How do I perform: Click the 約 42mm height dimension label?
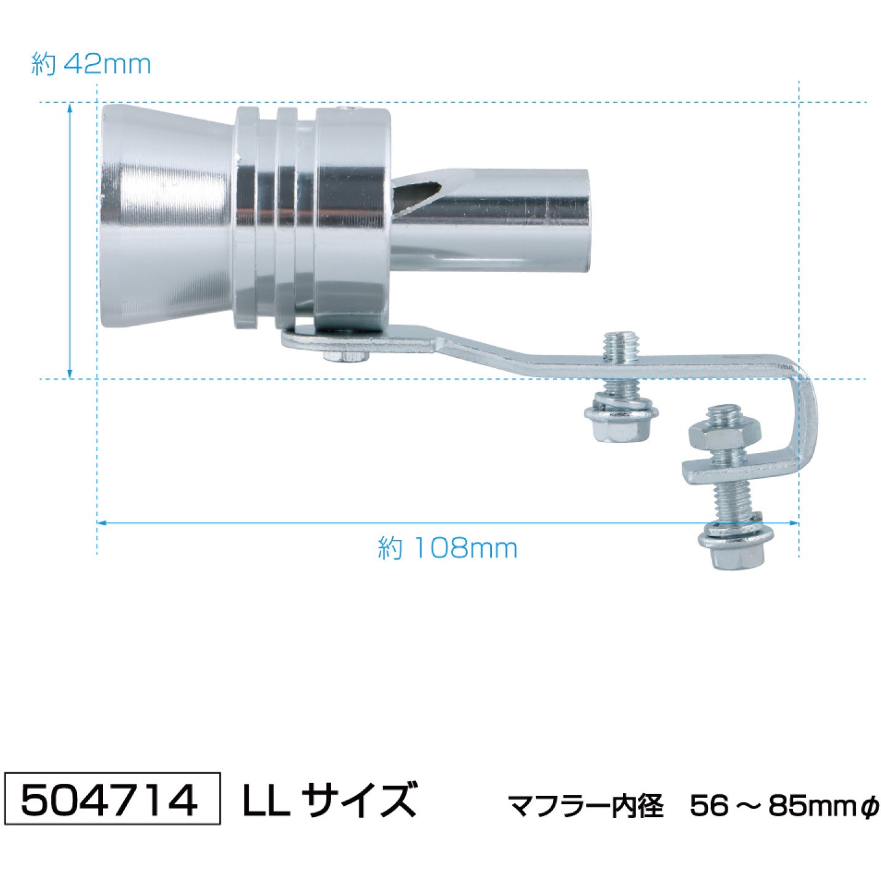point(91,65)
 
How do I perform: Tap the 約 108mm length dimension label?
point(448,548)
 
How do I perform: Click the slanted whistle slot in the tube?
point(417,193)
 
